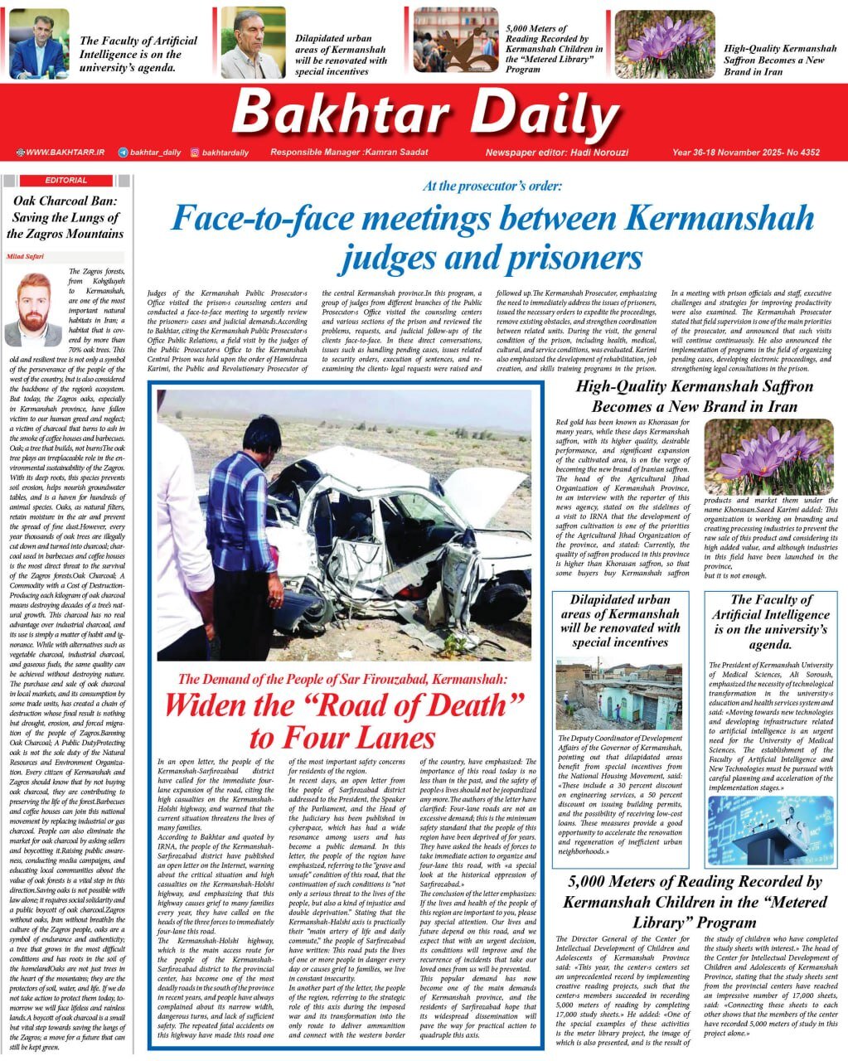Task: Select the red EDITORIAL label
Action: pos(65,180)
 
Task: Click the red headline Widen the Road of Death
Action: pos(344,720)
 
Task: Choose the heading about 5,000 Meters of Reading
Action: pos(695,901)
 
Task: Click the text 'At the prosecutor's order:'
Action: pos(492,187)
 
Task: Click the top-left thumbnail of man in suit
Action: pos(39,45)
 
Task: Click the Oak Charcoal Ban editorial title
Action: pos(65,217)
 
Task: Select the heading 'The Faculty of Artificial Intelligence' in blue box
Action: pos(771,622)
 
